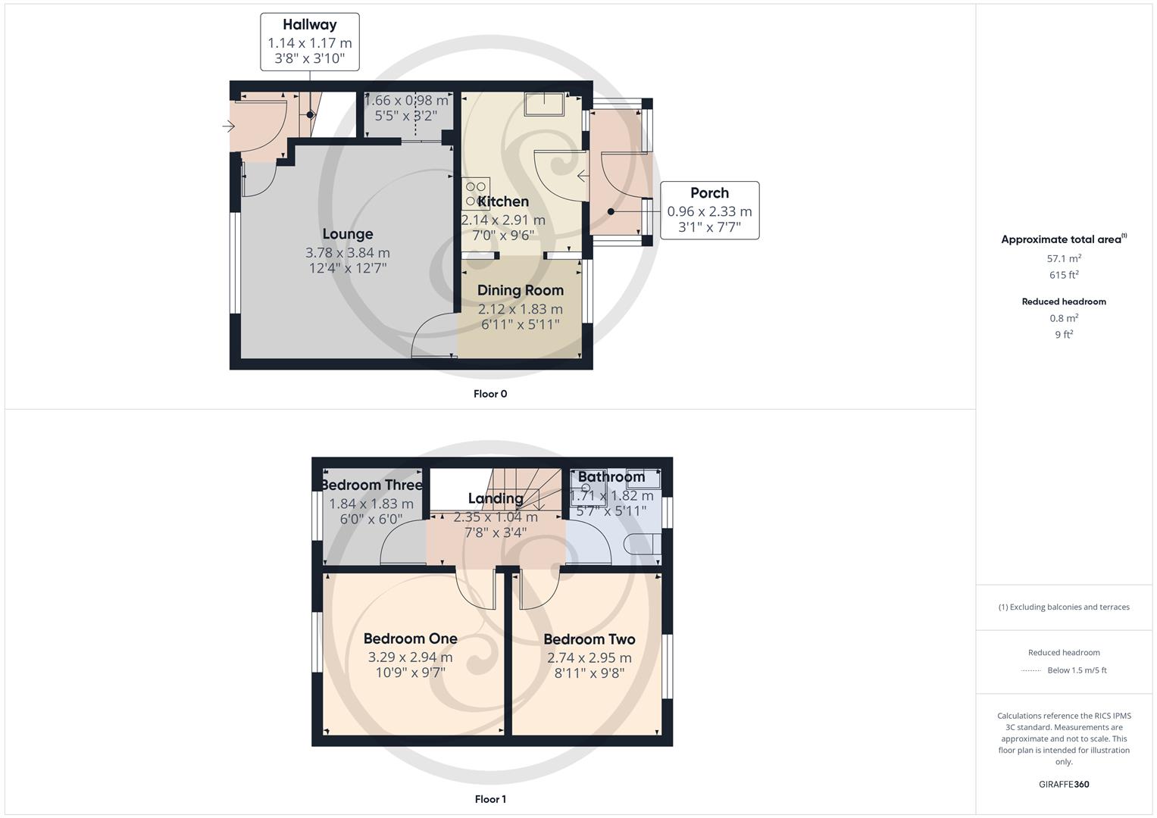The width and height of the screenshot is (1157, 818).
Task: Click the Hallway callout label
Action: [x=309, y=25]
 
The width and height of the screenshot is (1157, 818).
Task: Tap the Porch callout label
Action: [x=709, y=193]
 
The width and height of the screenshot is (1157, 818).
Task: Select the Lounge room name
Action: [x=348, y=234]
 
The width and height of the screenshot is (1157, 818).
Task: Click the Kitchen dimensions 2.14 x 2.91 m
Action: [x=503, y=220]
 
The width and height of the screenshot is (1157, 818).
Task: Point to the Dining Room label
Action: [x=521, y=290]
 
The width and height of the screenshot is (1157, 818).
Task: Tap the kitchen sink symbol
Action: [x=544, y=105]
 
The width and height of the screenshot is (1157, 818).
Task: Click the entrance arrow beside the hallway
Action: [x=228, y=126]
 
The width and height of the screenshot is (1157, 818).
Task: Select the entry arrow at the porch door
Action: [x=583, y=176]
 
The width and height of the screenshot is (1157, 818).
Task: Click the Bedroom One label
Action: [x=410, y=638]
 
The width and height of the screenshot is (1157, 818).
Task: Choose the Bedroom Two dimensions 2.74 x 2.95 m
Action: [x=589, y=657]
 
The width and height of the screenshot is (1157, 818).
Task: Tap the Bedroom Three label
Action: [x=371, y=485]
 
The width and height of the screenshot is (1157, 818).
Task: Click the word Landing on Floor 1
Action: [x=496, y=498]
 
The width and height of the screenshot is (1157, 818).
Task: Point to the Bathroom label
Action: [x=611, y=476]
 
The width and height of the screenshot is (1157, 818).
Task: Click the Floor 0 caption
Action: [x=490, y=394]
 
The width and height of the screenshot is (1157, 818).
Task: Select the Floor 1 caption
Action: [x=490, y=799]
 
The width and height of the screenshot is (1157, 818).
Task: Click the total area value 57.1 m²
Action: [x=1064, y=258]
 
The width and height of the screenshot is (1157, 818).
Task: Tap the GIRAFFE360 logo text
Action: [x=1064, y=784]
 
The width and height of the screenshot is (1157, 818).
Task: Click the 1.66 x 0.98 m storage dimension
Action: [x=406, y=100]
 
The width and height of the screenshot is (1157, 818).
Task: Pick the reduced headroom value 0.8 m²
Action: [x=1064, y=318]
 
